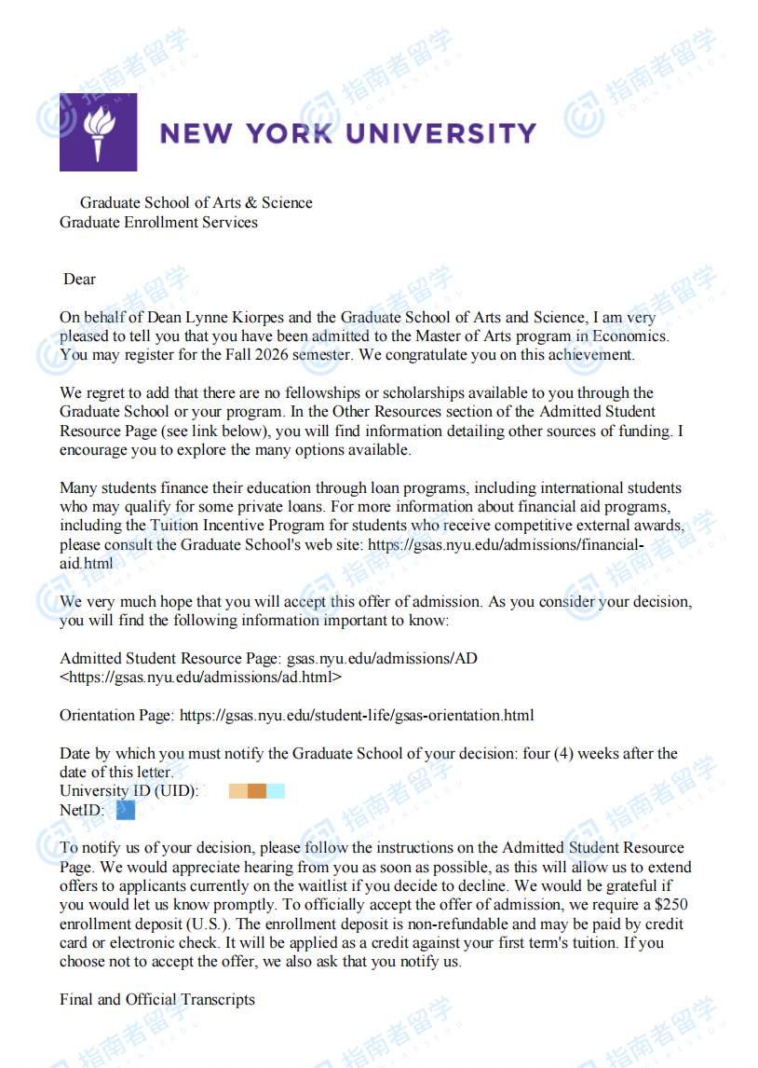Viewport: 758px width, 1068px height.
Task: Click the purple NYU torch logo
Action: coord(98,132)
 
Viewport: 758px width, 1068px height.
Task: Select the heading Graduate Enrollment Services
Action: coord(158,222)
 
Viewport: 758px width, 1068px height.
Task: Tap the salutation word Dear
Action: coord(79,279)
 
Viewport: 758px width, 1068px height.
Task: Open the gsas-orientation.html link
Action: coord(357,716)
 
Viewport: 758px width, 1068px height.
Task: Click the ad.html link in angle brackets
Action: coord(200,678)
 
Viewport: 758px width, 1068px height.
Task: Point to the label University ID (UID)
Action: coord(129,791)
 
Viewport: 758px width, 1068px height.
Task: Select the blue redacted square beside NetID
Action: coord(126,811)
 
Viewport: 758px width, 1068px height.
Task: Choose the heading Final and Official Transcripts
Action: coord(157,999)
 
